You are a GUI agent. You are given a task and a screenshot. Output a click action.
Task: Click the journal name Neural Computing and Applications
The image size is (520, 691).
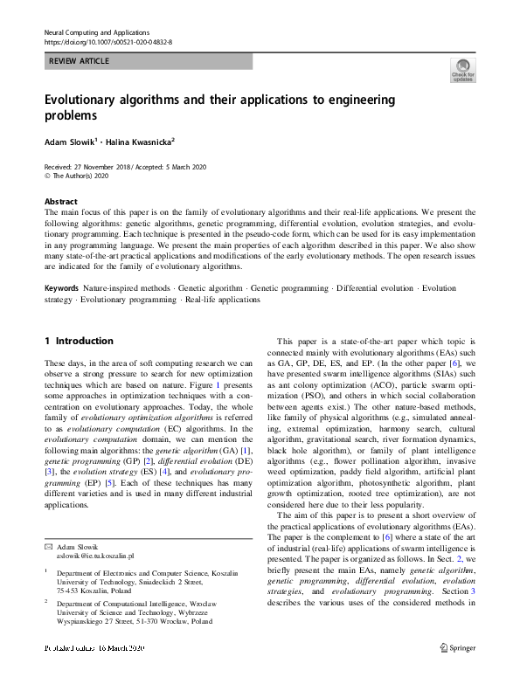[x=96, y=31]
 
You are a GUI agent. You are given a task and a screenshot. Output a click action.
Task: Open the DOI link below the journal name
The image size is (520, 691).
[x=107, y=42]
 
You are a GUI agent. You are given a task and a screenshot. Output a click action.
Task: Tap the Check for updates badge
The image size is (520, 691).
[x=462, y=70]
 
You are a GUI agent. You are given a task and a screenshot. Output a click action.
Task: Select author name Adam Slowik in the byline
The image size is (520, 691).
[x=68, y=140]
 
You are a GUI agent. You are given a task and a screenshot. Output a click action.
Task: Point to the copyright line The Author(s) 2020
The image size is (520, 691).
[x=84, y=175]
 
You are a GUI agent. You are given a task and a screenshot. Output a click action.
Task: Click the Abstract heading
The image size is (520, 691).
[x=60, y=200]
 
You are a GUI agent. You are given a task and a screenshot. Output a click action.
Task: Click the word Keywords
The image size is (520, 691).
[x=61, y=287]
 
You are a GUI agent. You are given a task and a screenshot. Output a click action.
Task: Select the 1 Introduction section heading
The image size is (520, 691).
[x=79, y=341]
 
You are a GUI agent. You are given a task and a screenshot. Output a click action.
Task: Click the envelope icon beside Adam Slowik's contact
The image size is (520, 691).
[x=48, y=546]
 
